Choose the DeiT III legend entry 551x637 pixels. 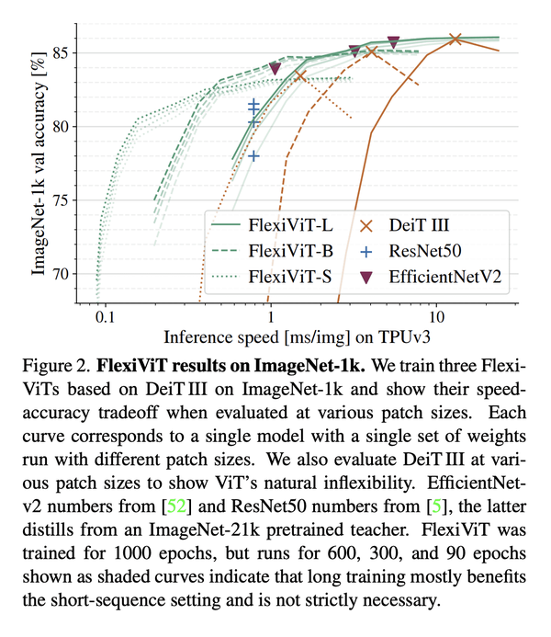point(402,224)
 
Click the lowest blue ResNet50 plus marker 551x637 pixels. point(254,156)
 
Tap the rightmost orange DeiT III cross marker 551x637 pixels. point(455,39)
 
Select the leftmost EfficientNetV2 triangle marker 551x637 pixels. point(275,68)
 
